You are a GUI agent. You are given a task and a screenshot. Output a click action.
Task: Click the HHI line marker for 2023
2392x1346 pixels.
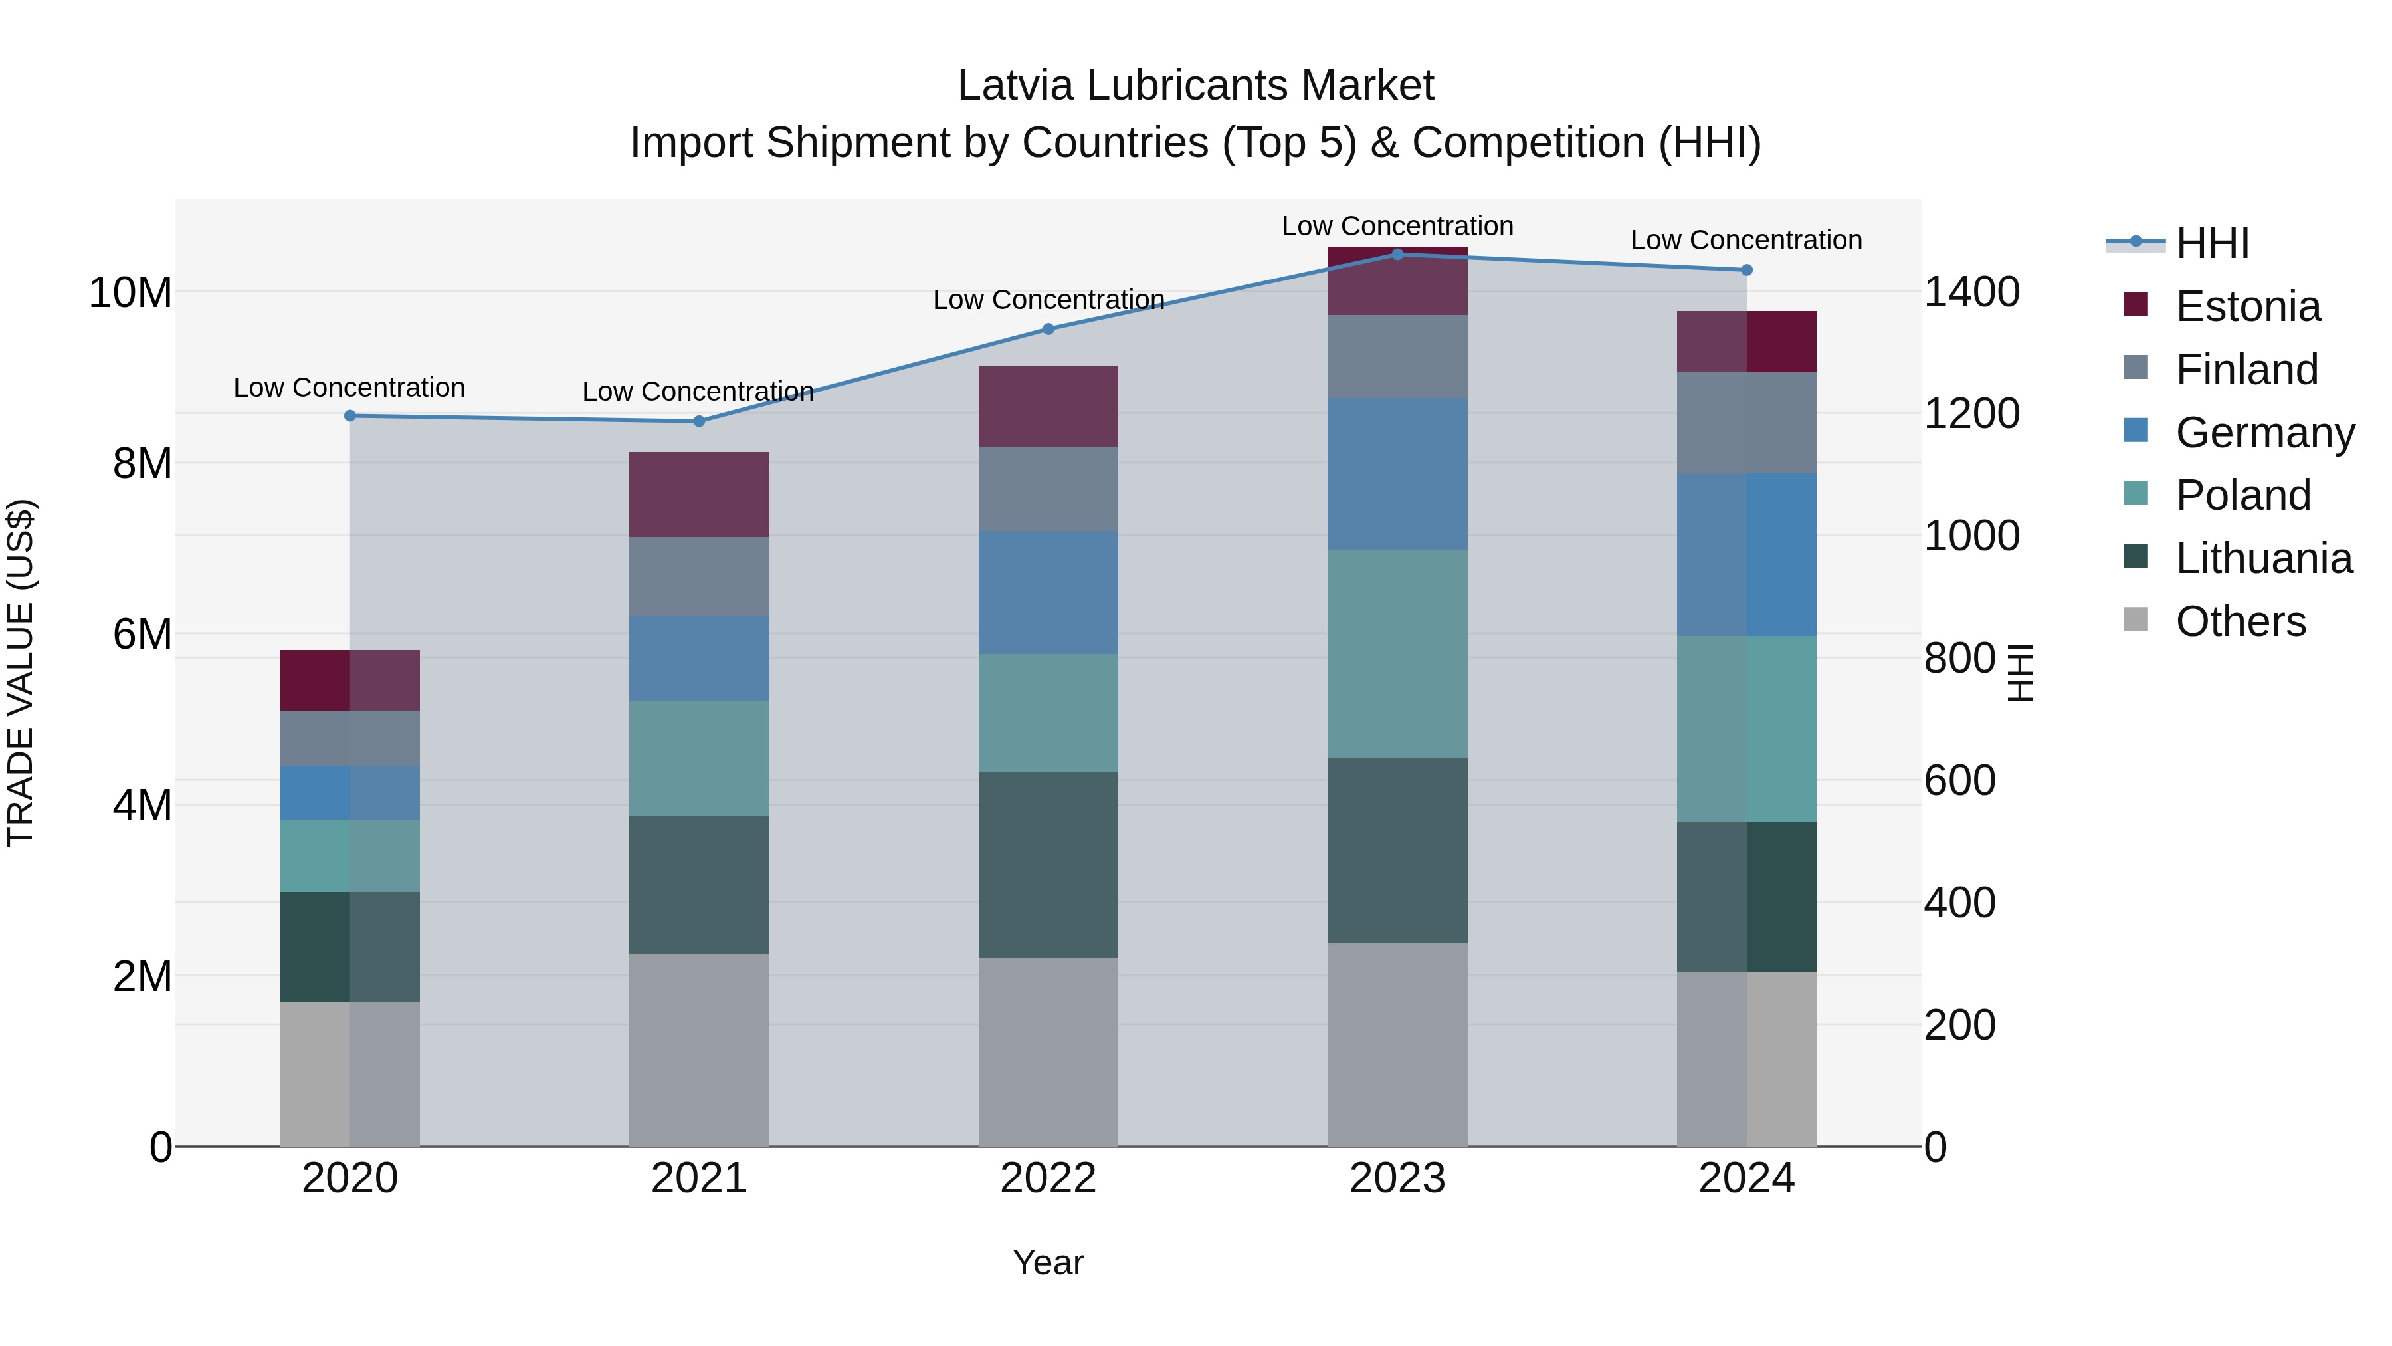(1397, 254)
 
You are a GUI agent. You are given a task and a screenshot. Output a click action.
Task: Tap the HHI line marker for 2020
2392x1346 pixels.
(350, 415)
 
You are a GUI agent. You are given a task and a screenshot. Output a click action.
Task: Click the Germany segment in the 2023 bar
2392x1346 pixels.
(1397, 474)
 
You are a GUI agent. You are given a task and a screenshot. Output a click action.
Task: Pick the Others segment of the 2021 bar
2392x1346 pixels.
(698, 1049)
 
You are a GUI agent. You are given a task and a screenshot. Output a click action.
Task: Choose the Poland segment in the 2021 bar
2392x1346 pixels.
(698, 758)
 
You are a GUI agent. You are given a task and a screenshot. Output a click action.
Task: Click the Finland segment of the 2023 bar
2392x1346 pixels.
(1397, 357)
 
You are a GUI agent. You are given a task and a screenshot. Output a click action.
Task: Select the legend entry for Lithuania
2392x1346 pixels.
(2263, 558)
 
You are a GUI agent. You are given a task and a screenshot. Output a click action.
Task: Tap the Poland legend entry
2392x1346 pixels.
(2242, 495)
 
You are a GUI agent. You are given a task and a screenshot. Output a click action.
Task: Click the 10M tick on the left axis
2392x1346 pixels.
(130, 292)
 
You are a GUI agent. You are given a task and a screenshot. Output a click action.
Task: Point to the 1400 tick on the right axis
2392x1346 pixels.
(1971, 292)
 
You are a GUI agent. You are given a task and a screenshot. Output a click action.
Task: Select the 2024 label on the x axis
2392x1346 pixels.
(1745, 1178)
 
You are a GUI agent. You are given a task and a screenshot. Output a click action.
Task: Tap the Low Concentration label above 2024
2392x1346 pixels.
(1745, 240)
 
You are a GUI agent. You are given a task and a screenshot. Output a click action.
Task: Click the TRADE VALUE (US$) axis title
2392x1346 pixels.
(21, 673)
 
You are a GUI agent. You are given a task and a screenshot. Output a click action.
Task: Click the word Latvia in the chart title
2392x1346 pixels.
(1016, 86)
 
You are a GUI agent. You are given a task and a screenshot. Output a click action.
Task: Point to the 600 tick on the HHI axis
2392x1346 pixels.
(1959, 780)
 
